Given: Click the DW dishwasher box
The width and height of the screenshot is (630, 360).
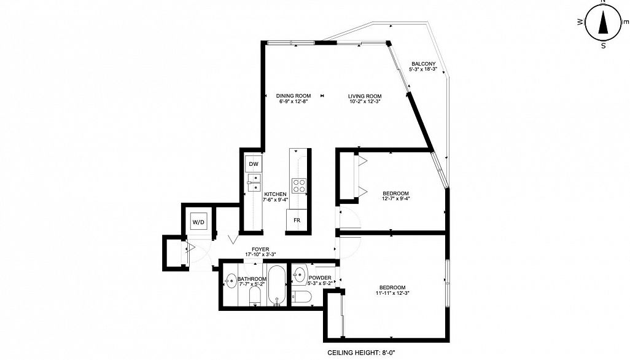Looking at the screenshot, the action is tap(254, 164).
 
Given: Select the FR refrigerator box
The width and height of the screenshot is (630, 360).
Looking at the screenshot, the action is tap(297, 221).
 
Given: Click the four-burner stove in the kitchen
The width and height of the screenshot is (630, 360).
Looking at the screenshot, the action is tap(298, 186).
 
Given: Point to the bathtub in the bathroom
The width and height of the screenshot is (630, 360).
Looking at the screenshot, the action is tap(276, 285).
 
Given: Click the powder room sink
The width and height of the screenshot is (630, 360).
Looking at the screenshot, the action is tap(299, 276).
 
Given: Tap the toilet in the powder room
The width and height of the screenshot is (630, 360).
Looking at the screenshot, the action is tap(301, 297).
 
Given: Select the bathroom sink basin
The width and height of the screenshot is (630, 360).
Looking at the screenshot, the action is tap(231, 281).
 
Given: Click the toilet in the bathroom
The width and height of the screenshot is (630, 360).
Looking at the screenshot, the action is tap(255, 297).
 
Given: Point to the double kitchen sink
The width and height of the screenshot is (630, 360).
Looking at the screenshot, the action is tap(254, 182).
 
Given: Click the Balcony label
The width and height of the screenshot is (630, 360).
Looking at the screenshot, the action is tap(424, 64).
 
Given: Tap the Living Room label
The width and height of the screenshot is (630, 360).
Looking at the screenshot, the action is tap(365, 96).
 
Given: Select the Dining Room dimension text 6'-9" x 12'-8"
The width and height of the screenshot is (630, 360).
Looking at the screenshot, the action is tap(294, 101).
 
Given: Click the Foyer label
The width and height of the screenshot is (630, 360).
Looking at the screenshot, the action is tap(260, 249).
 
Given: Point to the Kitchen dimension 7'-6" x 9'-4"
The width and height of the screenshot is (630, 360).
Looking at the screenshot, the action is tap(275, 200).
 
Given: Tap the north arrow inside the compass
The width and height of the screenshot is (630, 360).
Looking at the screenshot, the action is tap(603, 23).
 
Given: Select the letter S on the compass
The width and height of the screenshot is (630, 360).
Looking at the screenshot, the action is tap(604, 46).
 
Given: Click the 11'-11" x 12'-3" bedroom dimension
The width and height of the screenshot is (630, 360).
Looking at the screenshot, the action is tap(392, 293).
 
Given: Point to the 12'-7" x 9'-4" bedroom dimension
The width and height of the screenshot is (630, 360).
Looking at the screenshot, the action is tap(396, 198).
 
